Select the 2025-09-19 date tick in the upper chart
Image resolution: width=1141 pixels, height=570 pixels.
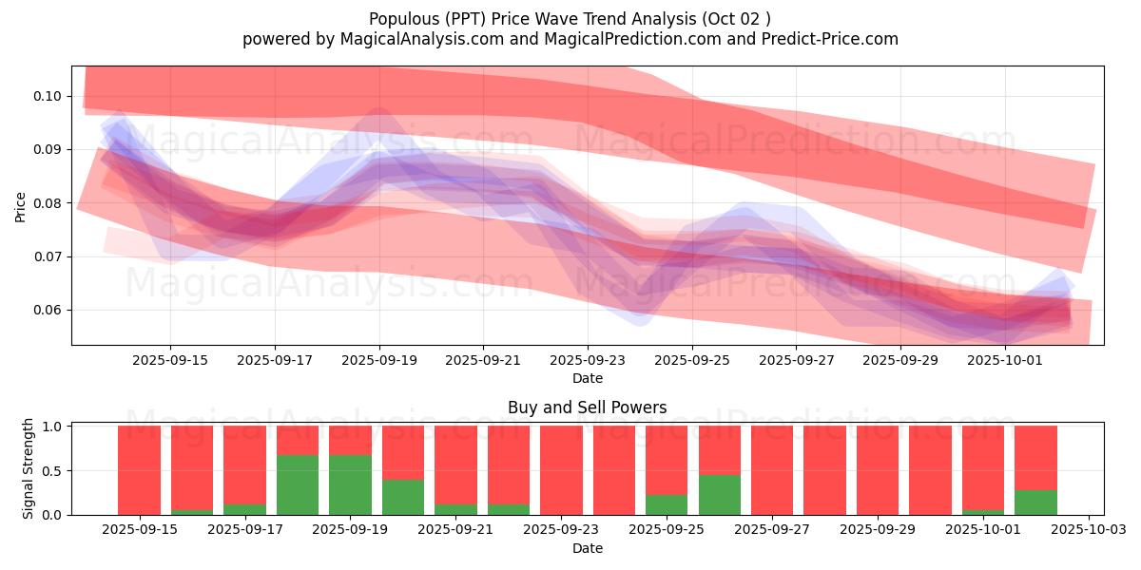[x=378, y=360]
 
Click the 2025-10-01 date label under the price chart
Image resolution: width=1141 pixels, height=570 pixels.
[x=1005, y=360]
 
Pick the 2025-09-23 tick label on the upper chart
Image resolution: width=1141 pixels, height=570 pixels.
[x=588, y=360]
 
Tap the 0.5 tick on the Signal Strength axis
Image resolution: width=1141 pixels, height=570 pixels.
[x=53, y=470]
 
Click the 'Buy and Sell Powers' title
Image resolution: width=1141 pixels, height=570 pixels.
[x=587, y=408]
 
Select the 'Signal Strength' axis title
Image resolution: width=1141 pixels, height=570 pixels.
[x=29, y=468]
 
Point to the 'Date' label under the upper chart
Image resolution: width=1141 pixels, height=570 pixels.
[x=587, y=378]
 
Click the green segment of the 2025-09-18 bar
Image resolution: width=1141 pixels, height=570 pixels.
[x=298, y=485]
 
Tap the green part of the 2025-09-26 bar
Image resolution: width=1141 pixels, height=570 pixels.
[x=720, y=495]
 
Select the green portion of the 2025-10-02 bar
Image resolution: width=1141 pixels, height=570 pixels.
[x=1035, y=503]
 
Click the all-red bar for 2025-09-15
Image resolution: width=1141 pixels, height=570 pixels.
[x=139, y=470]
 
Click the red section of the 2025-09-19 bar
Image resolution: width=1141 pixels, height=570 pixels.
[x=350, y=440]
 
